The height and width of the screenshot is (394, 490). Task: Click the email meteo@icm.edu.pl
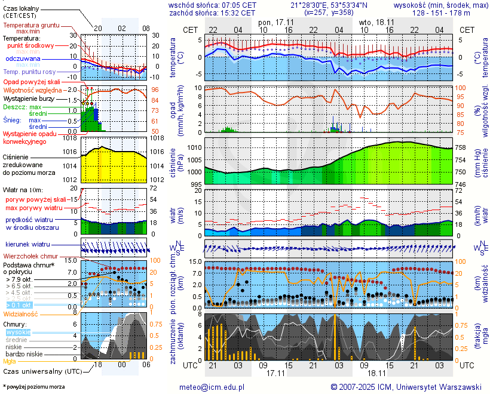click(x=212, y=387)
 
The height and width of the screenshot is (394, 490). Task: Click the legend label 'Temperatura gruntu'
click(x=31, y=26)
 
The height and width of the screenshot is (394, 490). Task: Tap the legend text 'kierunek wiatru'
click(x=27, y=245)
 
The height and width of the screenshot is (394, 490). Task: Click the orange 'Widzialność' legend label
click(x=21, y=313)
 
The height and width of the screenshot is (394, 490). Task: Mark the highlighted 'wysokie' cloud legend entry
click(x=17, y=332)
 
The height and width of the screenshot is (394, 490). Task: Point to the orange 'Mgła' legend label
click(x=9, y=361)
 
